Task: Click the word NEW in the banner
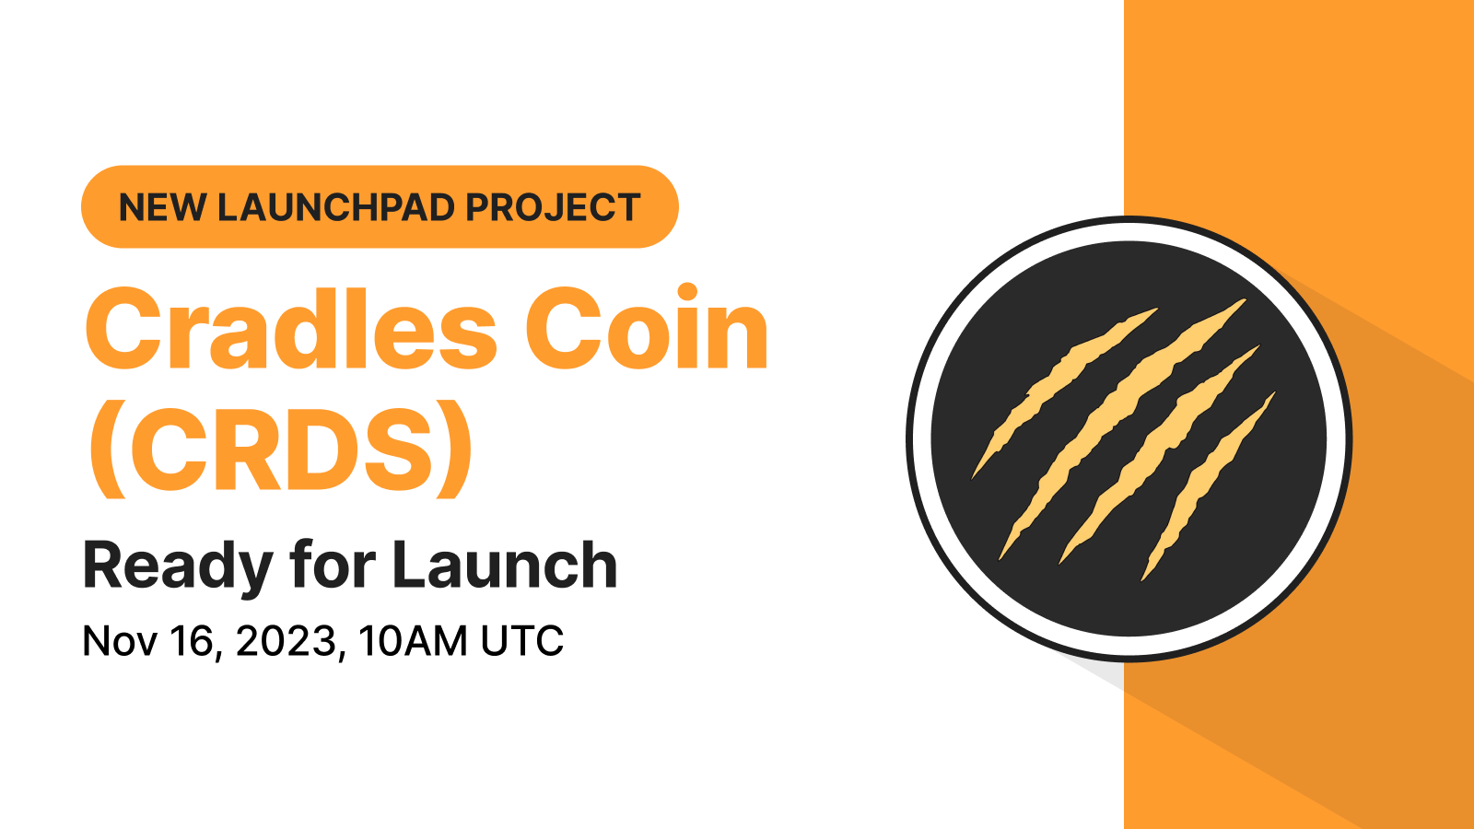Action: (161, 208)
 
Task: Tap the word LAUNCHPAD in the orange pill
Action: (336, 208)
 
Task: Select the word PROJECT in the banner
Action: (553, 208)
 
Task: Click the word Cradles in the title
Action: (291, 330)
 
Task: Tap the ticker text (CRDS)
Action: (280, 451)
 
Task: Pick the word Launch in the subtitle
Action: (505, 566)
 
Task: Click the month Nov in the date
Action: (118, 641)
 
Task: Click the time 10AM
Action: (413, 641)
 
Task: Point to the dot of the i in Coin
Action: (687, 293)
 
